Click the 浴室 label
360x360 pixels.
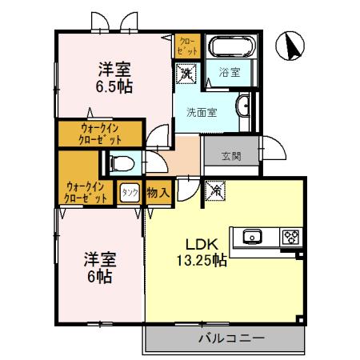click(231, 73)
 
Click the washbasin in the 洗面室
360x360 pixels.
click(243, 105)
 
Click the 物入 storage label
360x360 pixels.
click(158, 192)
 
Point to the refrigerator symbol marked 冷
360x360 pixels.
click(214, 191)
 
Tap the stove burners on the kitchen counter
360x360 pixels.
click(289, 237)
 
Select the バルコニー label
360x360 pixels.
click(230, 338)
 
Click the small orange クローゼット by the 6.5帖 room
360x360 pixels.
click(185, 44)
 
